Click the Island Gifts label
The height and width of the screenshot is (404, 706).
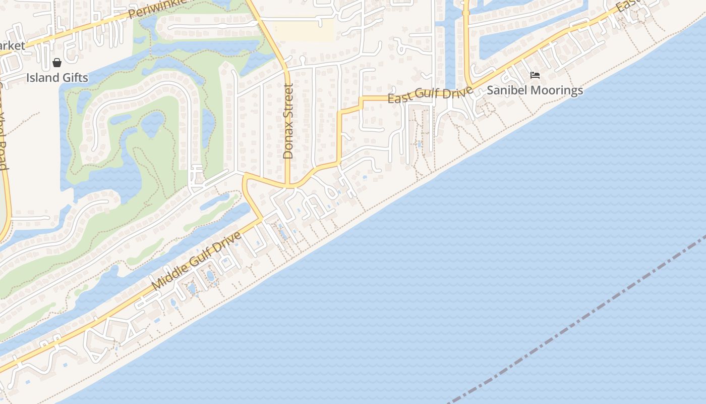point(57,78)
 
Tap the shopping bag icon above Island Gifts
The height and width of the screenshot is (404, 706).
point(57,63)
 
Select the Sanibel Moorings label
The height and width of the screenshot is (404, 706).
point(535,90)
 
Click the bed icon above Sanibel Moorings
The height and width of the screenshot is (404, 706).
point(535,75)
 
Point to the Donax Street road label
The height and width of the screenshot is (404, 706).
point(288,121)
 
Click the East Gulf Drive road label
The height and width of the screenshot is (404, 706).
point(430,94)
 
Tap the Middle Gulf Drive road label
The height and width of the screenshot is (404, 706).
point(196,261)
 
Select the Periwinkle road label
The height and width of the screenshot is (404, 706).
point(156,8)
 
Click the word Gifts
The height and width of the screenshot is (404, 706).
point(74,78)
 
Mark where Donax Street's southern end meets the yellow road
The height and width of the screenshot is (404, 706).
point(287,186)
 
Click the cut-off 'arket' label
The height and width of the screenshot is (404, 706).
point(12,46)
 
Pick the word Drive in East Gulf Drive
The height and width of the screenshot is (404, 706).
point(459,91)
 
